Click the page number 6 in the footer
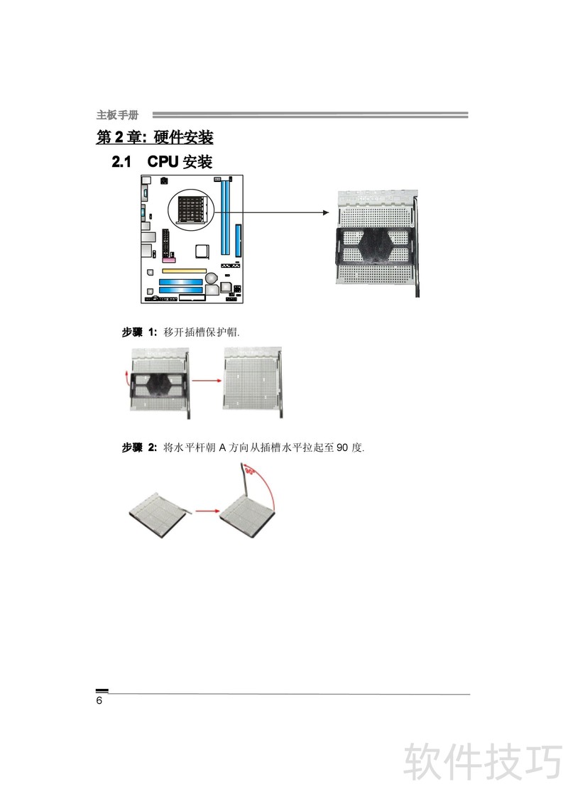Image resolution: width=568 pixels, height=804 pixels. [x=99, y=700]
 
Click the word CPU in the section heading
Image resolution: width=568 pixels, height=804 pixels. [x=163, y=161]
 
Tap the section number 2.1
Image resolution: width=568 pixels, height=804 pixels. [x=121, y=162]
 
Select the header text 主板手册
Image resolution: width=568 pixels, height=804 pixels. [x=117, y=115]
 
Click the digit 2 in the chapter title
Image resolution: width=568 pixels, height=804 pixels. [x=119, y=137]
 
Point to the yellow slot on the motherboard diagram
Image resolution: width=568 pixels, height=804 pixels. [x=184, y=271]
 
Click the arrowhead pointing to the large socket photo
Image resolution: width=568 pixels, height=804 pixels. [x=326, y=212]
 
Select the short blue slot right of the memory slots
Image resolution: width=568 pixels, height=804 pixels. [x=238, y=241]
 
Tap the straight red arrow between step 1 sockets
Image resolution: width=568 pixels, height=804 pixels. [x=207, y=381]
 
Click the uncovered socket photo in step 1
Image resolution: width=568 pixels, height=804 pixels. [x=253, y=382]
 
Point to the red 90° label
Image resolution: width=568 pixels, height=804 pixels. [x=250, y=470]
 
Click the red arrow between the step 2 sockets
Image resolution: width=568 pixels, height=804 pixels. [x=207, y=511]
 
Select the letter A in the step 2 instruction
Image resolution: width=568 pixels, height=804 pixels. [x=222, y=447]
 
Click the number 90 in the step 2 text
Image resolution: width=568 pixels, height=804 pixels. [x=342, y=447]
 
